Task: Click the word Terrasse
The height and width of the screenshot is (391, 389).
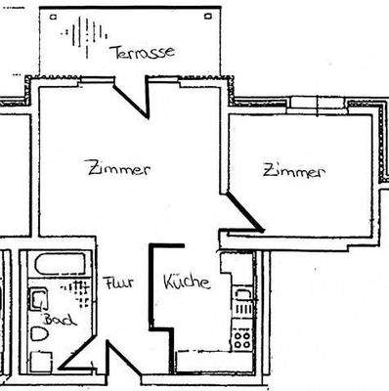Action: [143, 52]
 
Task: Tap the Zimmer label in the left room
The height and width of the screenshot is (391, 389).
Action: [117, 168]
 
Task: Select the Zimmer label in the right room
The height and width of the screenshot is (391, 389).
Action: [292, 172]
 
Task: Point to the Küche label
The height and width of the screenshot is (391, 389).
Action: [187, 282]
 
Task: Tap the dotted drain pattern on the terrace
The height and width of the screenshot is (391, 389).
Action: [80, 39]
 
